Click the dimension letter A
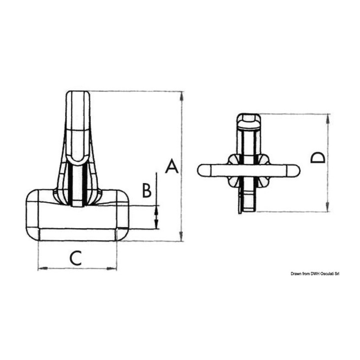(172, 166)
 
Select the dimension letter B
(147, 190)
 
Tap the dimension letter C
(76, 258)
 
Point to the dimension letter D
(318, 157)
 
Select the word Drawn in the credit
(296, 274)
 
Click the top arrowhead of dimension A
(182, 96)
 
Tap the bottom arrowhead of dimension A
(181, 236)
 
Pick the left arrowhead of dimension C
(43, 268)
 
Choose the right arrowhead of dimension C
(112, 268)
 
